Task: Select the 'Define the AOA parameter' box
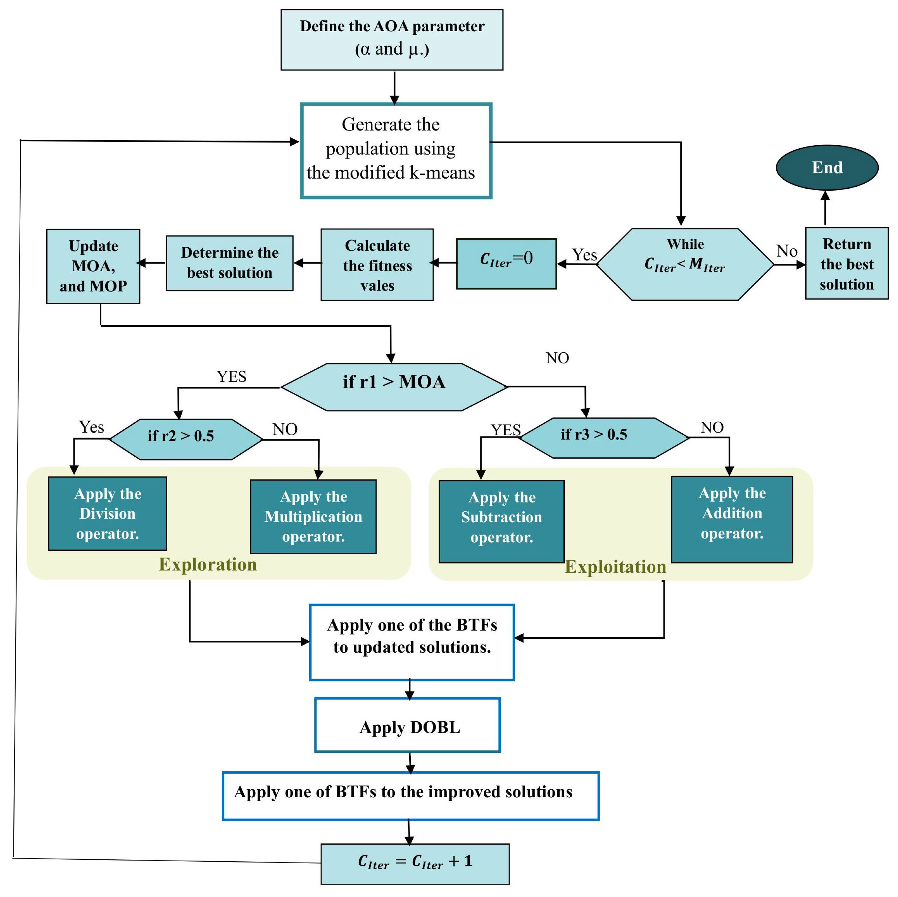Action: [392, 40]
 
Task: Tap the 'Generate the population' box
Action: [396, 151]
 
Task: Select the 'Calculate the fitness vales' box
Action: [377, 265]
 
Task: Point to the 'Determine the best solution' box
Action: [230, 263]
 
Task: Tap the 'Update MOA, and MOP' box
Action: [93, 266]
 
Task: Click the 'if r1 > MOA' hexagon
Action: [394, 387]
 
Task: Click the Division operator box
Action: [107, 513]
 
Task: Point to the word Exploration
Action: [208, 564]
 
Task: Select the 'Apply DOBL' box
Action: [407, 727]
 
